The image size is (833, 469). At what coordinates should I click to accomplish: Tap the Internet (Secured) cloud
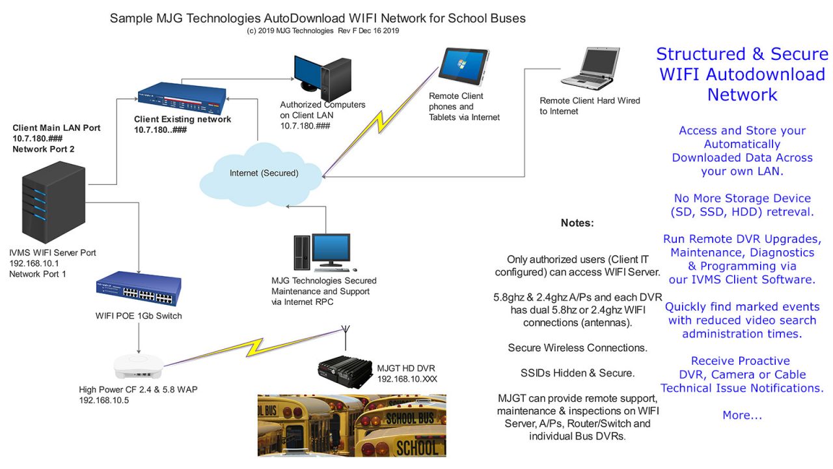(x=264, y=173)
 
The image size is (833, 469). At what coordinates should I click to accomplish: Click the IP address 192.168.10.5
(x=105, y=401)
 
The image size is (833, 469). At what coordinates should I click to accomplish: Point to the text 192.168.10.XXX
(x=408, y=378)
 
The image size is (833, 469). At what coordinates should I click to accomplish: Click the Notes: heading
(x=577, y=223)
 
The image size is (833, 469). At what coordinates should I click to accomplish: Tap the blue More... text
(x=742, y=415)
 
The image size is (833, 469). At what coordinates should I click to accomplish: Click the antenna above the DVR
(x=343, y=337)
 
